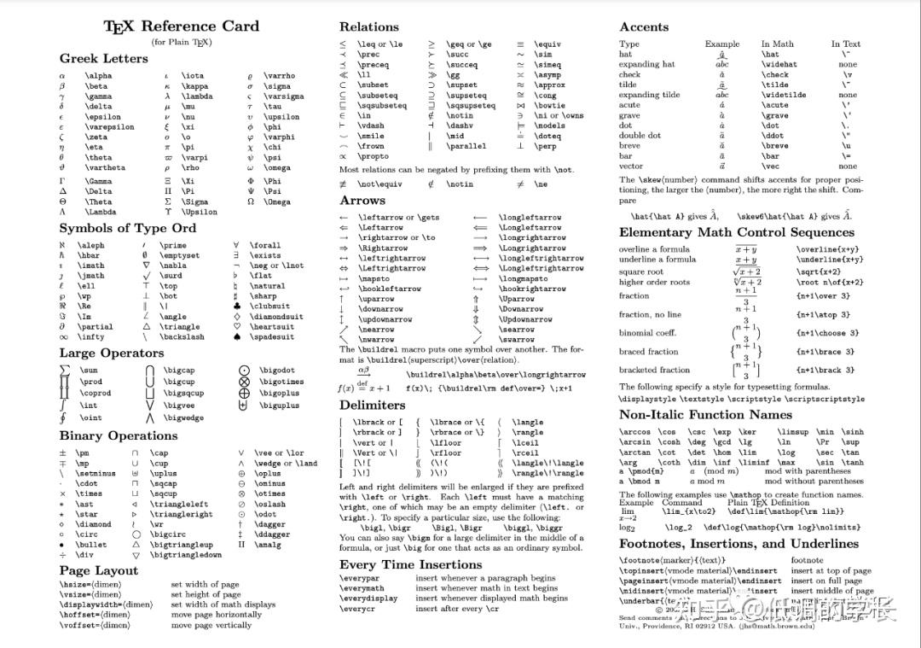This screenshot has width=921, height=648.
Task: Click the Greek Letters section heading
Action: click(x=103, y=58)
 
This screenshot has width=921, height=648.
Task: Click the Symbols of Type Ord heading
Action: click(x=127, y=228)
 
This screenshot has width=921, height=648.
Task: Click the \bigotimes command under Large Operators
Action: click(x=281, y=382)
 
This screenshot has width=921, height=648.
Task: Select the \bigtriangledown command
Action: click(x=186, y=555)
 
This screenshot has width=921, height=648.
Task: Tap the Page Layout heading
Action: click(x=98, y=570)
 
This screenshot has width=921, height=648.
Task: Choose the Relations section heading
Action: click(x=368, y=27)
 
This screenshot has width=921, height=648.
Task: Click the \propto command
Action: click(x=373, y=157)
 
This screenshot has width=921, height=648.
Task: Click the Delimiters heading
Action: click(x=372, y=405)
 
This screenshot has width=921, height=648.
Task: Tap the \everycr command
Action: click(x=360, y=609)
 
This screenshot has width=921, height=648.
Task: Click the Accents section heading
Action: click(x=644, y=27)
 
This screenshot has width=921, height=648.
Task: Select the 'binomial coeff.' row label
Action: click(x=648, y=333)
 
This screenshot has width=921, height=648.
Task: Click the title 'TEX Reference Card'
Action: click(x=181, y=26)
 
